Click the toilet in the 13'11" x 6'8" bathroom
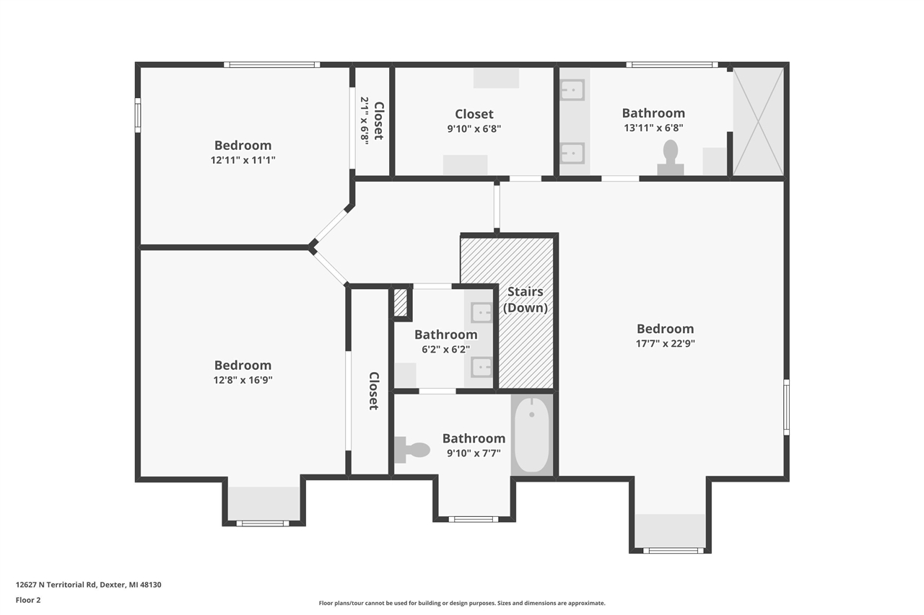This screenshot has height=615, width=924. click(670, 156)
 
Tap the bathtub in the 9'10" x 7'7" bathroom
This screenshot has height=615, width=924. click(532, 435)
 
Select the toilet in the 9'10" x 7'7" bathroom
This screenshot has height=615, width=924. click(412, 450)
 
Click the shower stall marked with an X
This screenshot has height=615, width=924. click(758, 121)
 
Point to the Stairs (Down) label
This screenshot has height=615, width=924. click(526, 300)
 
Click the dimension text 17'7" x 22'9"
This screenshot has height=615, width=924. click(665, 344)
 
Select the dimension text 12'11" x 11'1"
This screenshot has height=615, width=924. click(243, 160)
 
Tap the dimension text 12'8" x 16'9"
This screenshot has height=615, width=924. click(243, 380)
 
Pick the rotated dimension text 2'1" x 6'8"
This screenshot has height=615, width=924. click(365, 120)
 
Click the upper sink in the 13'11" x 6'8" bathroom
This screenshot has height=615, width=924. click(573, 89)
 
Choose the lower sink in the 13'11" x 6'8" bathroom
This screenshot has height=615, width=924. click(573, 153)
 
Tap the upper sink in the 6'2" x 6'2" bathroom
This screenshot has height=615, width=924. click(481, 312)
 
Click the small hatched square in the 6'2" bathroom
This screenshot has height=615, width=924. click(401, 302)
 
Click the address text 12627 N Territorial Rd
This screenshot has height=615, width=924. click(89, 585)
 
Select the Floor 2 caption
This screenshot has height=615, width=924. click(28, 599)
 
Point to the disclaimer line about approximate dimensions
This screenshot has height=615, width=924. click(462, 603)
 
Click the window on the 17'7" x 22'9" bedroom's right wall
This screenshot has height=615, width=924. click(786, 407)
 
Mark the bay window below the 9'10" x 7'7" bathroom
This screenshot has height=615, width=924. click(473, 518)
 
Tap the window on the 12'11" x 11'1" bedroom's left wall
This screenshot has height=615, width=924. click(138, 115)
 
